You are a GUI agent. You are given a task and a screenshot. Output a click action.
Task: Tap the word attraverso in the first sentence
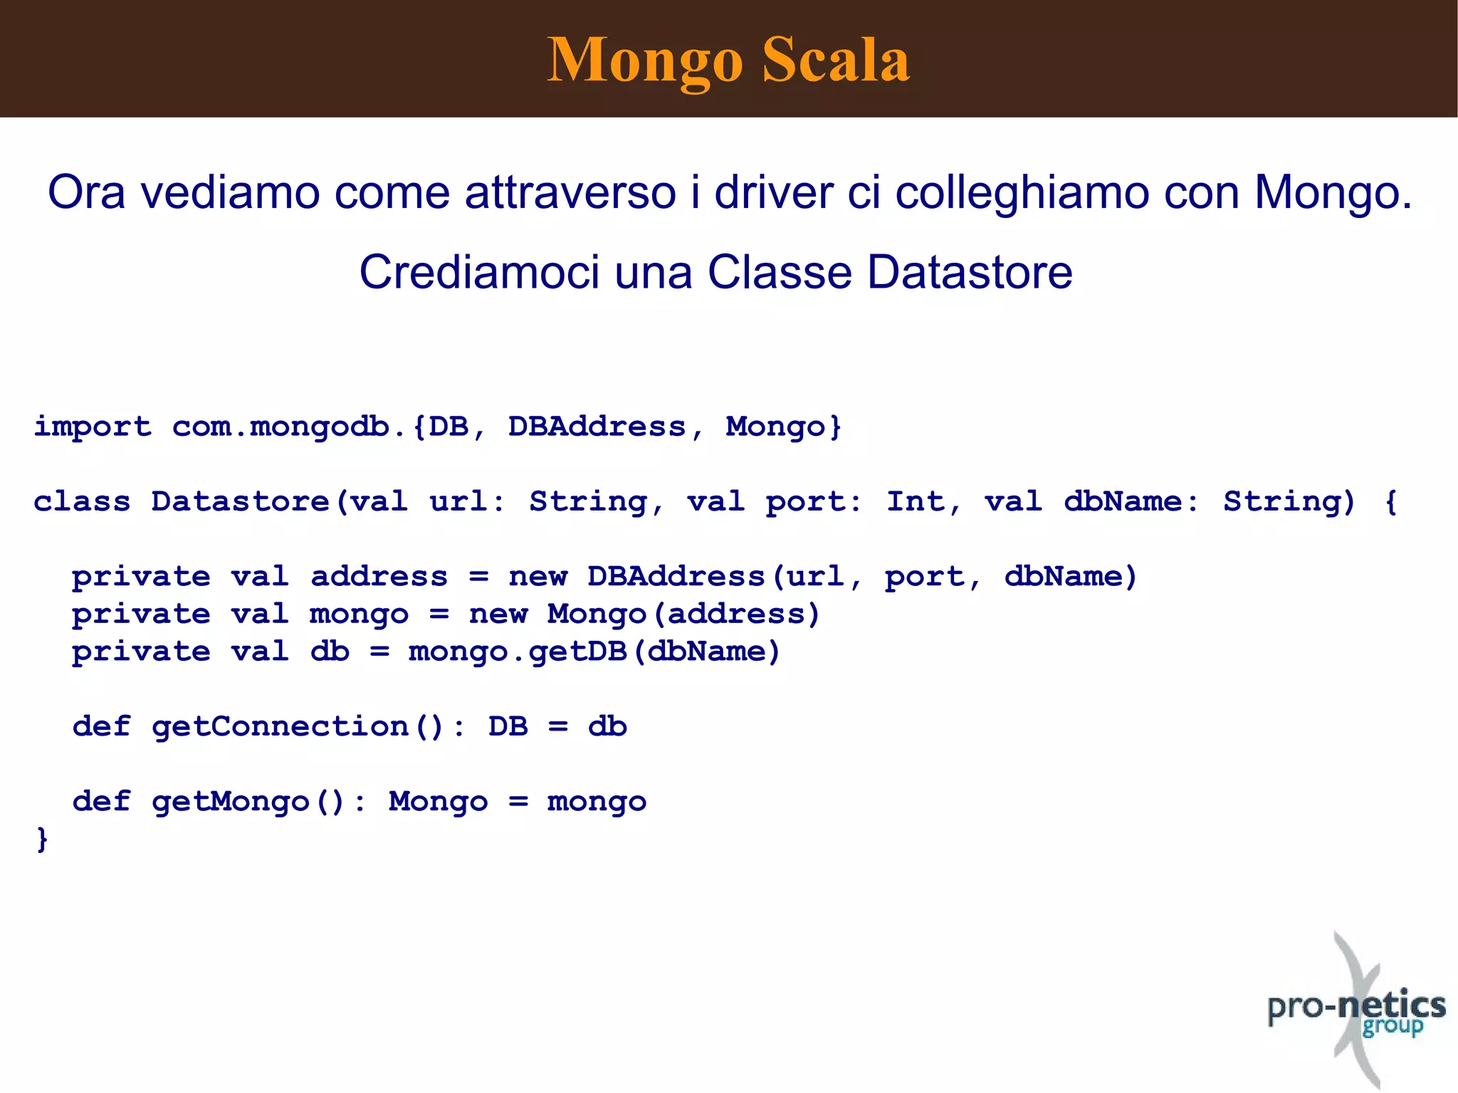pyautogui.click(x=570, y=193)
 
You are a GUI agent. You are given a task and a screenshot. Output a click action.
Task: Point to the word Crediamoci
pyautogui.click(x=479, y=273)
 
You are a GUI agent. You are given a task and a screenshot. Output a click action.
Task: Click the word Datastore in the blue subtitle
pyautogui.click(x=970, y=273)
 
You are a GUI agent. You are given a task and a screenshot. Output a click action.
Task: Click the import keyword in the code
pyautogui.click(x=93, y=427)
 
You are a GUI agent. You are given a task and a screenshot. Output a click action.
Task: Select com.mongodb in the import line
pyautogui.click(x=280, y=427)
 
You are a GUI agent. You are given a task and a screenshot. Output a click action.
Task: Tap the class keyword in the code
pyautogui.click(x=82, y=502)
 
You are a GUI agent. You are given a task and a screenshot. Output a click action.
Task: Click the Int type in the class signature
pyautogui.click(x=915, y=502)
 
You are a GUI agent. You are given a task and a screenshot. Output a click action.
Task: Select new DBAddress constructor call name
pyautogui.click(x=676, y=577)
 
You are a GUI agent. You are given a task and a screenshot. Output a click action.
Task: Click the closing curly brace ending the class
pyautogui.click(x=42, y=840)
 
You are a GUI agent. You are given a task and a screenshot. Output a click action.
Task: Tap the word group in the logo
pyautogui.click(x=1393, y=1027)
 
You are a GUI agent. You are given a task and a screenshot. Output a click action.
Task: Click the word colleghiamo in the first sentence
pyautogui.click(x=1022, y=193)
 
